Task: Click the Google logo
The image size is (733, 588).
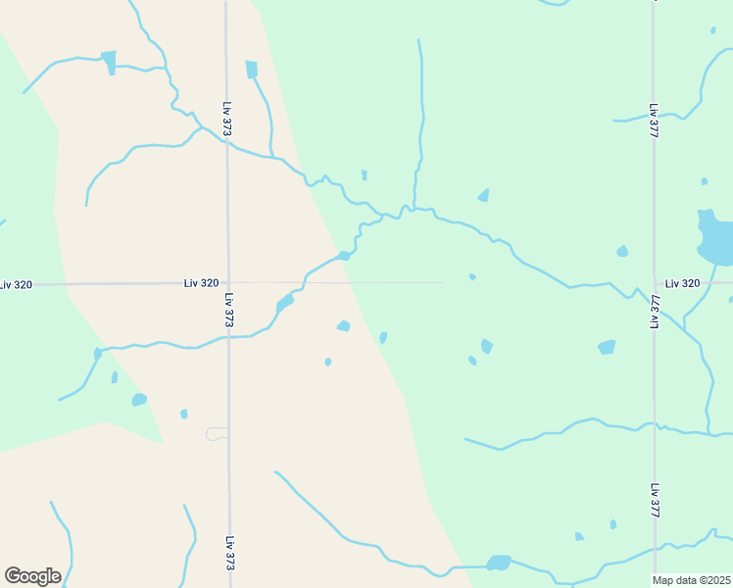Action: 32,576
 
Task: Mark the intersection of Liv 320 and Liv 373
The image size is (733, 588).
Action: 227,283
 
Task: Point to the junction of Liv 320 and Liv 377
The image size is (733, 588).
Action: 655,282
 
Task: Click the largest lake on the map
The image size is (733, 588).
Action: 714,238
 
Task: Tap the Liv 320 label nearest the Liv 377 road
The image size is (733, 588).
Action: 683,283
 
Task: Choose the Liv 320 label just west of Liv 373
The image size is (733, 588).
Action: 201,283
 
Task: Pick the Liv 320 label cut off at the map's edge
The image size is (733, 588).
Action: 17,284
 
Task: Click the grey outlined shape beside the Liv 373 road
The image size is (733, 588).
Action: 217,433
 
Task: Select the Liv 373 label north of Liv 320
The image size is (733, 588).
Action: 227,120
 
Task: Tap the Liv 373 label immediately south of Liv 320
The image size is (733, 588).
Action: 227,310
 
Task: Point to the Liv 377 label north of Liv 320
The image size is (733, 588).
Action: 653,120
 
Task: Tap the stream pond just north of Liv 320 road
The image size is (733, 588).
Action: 343,257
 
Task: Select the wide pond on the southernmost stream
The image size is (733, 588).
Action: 498,563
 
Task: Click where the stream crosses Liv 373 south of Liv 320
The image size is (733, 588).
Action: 227,336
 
